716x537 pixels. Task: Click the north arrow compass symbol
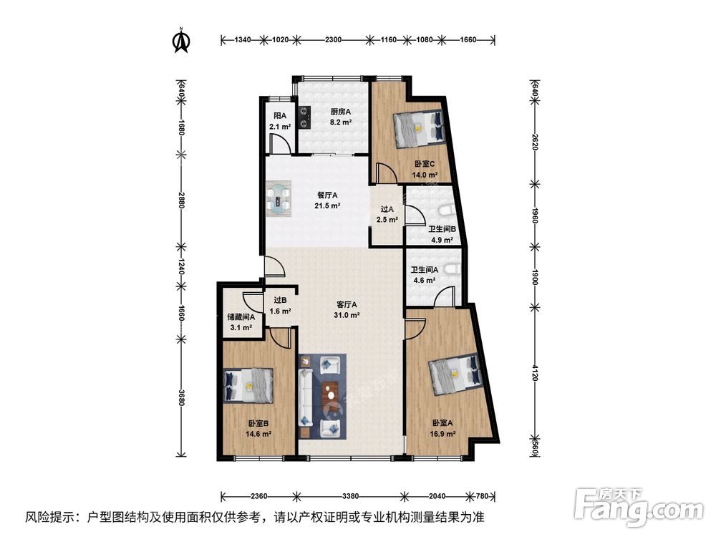click(x=181, y=41)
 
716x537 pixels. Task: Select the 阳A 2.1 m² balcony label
click(x=280, y=121)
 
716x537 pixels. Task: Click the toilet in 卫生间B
click(x=445, y=210)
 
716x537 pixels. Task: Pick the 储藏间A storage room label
click(x=240, y=322)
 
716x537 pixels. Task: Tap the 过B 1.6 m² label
click(x=280, y=306)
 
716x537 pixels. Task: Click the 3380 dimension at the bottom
click(x=350, y=495)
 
